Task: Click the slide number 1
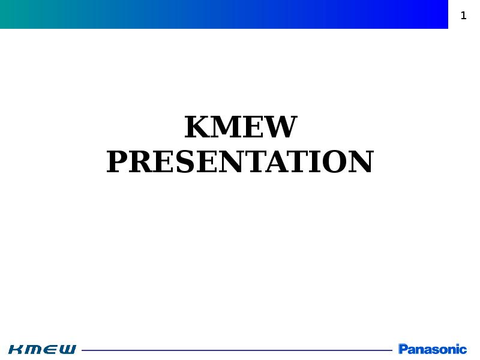pos(463,16)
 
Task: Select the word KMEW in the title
pos(241,127)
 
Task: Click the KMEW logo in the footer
pos(42,349)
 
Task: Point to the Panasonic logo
pos(433,349)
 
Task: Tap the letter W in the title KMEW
pos(282,127)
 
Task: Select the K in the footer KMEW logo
pos(17,349)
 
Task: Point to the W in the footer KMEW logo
pos(67,349)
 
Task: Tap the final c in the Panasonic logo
pos(463,350)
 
